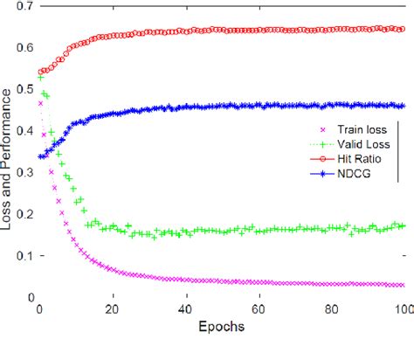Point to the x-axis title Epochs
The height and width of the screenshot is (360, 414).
[x=221, y=327]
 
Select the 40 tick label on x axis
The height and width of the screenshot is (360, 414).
[x=185, y=309]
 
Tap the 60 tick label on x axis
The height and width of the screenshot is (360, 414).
[x=259, y=309]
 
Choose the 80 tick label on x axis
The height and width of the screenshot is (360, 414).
[x=332, y=309]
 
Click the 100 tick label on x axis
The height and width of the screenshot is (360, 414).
[x=403, y=309]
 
